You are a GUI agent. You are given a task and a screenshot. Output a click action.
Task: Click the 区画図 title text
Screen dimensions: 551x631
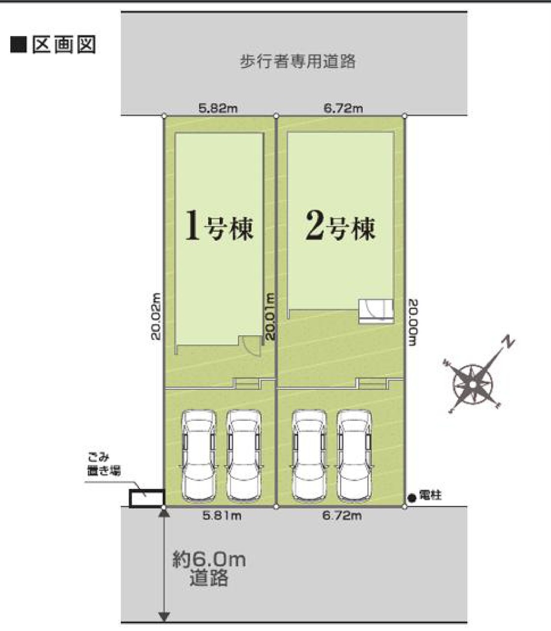(x=64, y=45)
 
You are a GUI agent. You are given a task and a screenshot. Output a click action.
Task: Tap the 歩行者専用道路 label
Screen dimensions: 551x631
(x=298, y=61)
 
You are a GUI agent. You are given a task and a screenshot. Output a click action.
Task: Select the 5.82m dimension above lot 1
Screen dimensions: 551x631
(x=218, y=108)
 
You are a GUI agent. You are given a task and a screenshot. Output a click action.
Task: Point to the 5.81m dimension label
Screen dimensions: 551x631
(x=222, y=516)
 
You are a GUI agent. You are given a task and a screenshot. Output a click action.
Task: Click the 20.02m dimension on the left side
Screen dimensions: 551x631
(x=156, y=316)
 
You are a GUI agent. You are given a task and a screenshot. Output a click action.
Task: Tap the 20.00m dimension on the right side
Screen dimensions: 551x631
(x=413, y=322)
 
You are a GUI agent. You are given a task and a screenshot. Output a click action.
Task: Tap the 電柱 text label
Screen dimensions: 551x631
(x=430, y=495)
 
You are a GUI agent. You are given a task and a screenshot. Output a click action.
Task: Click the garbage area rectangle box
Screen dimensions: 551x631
(x=147, y=498)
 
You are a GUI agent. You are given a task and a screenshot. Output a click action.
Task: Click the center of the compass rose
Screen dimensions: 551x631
(x=472, y=385)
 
